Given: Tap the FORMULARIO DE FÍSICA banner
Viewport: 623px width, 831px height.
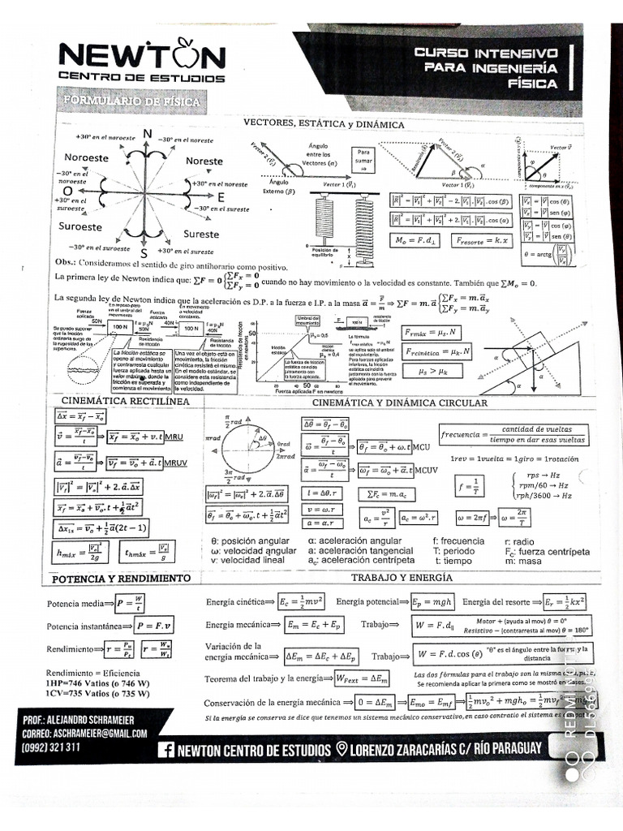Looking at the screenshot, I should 131,101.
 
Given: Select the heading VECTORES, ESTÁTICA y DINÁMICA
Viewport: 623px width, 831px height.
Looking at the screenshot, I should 324,124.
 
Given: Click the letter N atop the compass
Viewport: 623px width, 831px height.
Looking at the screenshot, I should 147,135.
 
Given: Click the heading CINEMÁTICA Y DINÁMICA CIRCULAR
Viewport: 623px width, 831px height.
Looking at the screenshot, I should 399,402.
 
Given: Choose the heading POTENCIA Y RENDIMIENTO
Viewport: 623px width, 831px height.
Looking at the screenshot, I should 121,579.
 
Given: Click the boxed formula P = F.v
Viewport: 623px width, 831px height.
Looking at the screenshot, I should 155,626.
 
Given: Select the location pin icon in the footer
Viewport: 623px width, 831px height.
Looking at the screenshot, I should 342,749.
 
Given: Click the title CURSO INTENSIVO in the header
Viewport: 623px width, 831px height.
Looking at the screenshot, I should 486,52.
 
